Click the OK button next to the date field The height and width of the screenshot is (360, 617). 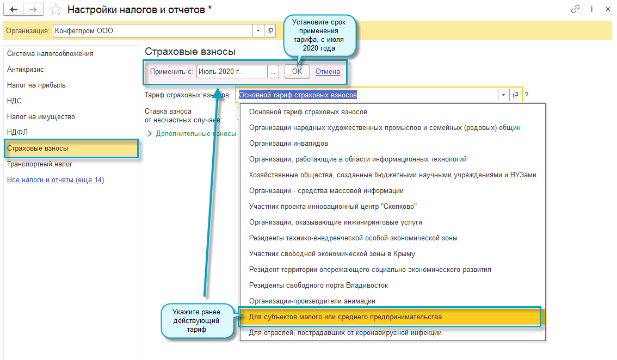coord(297,71)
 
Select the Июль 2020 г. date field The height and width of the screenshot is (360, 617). coord(232,71)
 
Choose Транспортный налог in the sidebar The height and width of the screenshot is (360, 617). coord(40,164)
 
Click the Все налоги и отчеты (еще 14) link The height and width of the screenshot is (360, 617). coord(55,179)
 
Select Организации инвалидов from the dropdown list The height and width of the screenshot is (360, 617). coord(288,144)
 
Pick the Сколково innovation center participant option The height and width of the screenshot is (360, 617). coord(333,207)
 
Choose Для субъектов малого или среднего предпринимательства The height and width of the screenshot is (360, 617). coord(345,316)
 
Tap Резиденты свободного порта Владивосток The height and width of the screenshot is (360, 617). coord(318,285)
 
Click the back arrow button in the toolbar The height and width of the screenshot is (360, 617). coord(14,9)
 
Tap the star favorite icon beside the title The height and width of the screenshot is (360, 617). coord(55,9)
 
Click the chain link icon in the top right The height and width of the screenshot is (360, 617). coord(575,9)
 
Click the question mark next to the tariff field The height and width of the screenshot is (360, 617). coord(527,95)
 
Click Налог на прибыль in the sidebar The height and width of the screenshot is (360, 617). coord(36,85)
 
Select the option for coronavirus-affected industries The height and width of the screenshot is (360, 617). coord(345,332)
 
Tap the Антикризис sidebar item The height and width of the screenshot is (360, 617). coord(26,69)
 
